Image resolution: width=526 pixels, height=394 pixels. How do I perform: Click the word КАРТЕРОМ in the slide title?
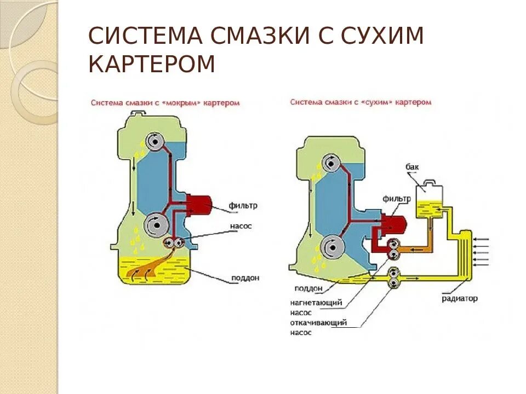(x=152, y=65)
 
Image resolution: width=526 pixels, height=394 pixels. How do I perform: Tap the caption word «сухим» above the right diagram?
(x=377, y=102)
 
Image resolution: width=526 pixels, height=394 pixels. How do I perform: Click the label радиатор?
(x=460, y=299)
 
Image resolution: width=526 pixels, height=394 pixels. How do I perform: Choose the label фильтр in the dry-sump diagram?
(x=397, y=199)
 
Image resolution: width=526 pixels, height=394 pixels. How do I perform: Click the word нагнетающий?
(x=317, y=302)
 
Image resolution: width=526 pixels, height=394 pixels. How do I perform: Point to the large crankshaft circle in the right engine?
(x=331, y=247)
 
